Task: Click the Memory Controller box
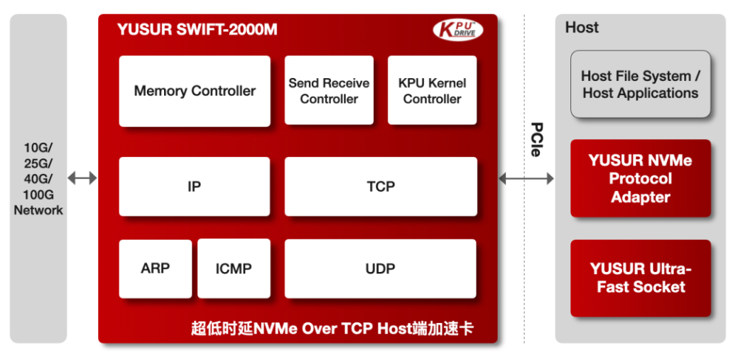pyautogui.click(x=195, y=92)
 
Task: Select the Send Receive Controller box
pyautogui.click(x=329, y=90)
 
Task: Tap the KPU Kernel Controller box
pyautogui.click(x=432, y=90)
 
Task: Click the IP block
pyautogui.click(x=195, y=186)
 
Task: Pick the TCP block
pyautogui.click(x=381, y=186)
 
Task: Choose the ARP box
pyautogui.click(x=156, y=268)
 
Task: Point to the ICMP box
pyautogui.click(x=234, y=268)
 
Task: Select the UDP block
pyautogui.click(x=380, y=268)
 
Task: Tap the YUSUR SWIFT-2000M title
pyautogui.click(x=197, y=30)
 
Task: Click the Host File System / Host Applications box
pyautogui.click(x=641, y=84)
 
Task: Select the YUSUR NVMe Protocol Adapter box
pyautogui.click(x=641, y=178)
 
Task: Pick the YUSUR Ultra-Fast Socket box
pyautogui.click(x=641, y=278)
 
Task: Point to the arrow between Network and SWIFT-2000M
pyautogui.click(x=82, y=178)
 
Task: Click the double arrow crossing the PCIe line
pyautogui.click(x=526, y=178)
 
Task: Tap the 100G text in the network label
pyautogui.click(x=38, y=195)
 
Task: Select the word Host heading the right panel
pyautogui.click(x=582, y=27)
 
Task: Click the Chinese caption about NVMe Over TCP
pyautogui.click(x=332, y=329)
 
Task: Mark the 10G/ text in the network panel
pyautogui.click(x=38, y=148)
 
